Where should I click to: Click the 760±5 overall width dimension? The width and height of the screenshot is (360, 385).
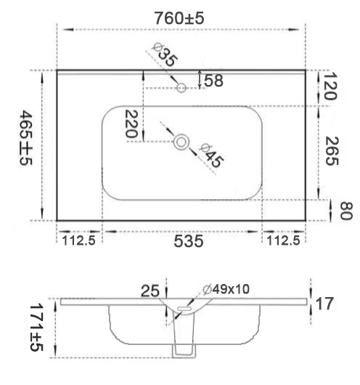click(x=179, y=18)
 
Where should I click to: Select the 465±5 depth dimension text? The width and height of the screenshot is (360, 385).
click(x=26, y=138)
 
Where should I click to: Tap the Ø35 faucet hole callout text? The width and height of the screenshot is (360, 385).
click(x=165, y=54)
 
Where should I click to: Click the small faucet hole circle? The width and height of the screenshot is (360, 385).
click(x=181, y=88)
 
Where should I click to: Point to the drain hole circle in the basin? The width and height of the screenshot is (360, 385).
click(x=181, y=142)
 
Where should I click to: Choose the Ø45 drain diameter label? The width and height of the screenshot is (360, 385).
click(x=211, y=155)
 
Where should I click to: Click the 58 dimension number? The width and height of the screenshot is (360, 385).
click(x=213, y=81)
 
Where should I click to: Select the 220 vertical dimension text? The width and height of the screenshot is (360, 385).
click(x=131, y=123)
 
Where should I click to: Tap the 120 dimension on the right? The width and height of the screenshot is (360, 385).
click(x=330, y=86)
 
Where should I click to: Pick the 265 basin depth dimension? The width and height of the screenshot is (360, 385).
click(x=332, y=151)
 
